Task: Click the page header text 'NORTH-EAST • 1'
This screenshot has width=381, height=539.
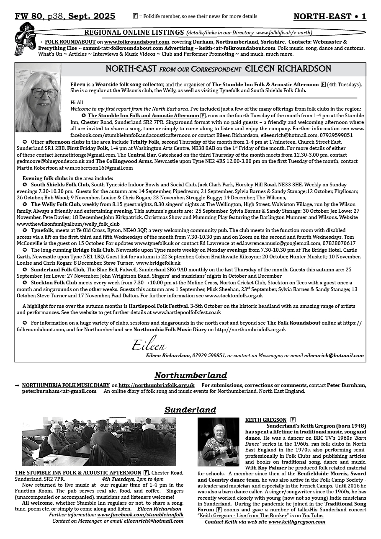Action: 330,16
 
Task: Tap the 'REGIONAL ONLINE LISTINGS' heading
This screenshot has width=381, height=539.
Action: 134,32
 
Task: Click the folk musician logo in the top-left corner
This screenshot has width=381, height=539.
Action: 24,39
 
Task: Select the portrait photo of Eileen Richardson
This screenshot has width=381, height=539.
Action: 38,98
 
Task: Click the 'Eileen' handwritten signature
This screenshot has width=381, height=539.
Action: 149,345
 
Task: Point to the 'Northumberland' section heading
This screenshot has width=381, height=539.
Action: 190,375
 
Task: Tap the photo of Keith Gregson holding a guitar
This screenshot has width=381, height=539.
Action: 218,442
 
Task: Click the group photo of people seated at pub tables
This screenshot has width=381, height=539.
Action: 99,441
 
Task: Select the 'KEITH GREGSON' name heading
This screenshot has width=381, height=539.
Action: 265,420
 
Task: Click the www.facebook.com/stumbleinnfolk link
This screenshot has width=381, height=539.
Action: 140,515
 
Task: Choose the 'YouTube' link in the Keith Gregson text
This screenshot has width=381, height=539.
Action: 313,516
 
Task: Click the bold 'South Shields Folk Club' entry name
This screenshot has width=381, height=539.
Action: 60,184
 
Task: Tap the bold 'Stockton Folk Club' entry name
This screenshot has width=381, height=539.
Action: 54,283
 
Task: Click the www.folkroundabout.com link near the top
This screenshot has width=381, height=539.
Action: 136,42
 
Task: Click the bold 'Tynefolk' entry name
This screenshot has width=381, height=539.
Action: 42,230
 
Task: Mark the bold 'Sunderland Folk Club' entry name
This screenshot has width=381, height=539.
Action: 58,270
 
